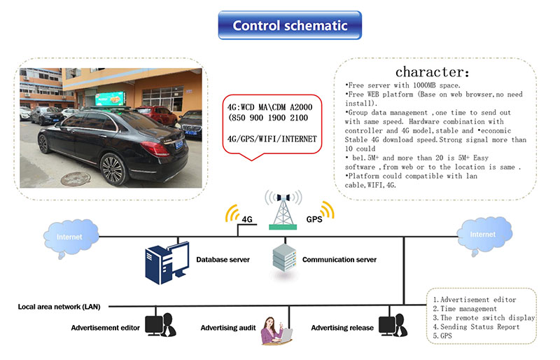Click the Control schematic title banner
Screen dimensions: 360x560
point(289,26)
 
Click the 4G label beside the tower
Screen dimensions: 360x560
point(246,219)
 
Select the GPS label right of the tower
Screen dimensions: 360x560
point(314,219)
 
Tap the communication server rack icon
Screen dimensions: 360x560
point(282,259)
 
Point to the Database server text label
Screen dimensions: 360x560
point(223,260)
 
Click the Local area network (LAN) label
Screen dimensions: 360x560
point(59,307)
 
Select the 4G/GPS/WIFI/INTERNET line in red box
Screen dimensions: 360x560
point(272,139)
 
